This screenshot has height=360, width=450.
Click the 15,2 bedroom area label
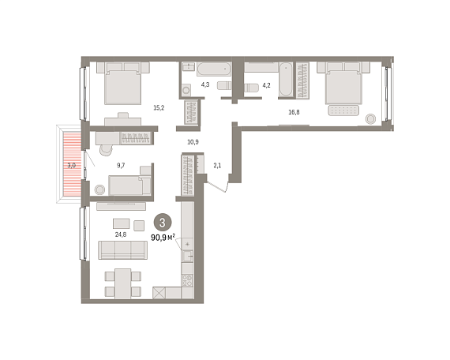click(x=159, y=108)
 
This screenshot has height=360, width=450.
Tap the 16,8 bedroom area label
click(x=294, y=112)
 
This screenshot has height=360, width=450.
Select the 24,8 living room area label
click(x=121, y=234)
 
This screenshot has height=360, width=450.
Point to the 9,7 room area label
click(x=121, y=165)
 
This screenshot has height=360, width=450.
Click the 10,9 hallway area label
click(x=193, y=142)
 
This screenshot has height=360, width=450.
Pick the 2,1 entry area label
click(x=217, y=165)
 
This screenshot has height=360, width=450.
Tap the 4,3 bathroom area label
click(x=205, y=84)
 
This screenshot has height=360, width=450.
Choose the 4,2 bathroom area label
click(x=266, y=85)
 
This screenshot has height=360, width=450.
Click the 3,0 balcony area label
click(x=72, y=165)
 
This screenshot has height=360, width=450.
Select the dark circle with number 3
click(x=163, y=223)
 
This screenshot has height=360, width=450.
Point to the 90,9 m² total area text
click(x=163, y=238)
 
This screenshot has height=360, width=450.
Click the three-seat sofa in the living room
click(x=123, y=250)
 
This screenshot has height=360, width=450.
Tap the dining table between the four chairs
click(x=123, y=283)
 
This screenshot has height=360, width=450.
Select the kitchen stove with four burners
click(x=187, y=280)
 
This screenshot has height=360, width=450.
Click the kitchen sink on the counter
click(x=188, y=256)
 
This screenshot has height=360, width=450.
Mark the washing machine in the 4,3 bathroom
click(x=186, y=89)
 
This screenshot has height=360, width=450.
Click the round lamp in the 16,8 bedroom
click(x=370, y=118)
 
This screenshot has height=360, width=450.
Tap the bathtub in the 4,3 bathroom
click(x=214, y=69)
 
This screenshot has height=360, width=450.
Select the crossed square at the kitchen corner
click(x=159, y=293)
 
